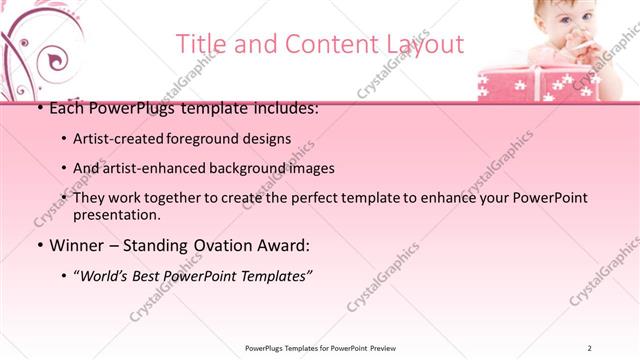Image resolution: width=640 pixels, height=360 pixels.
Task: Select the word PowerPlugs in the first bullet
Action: pyautogui.click(x=127, y=108)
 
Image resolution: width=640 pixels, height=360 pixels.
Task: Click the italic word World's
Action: pyautogui.click(x=108, y=275)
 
